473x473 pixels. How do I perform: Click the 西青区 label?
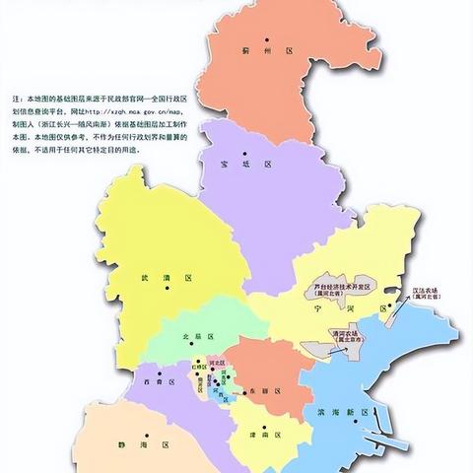click(x=157, y=379)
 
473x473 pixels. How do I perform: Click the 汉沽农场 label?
click(x=430, y=292)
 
